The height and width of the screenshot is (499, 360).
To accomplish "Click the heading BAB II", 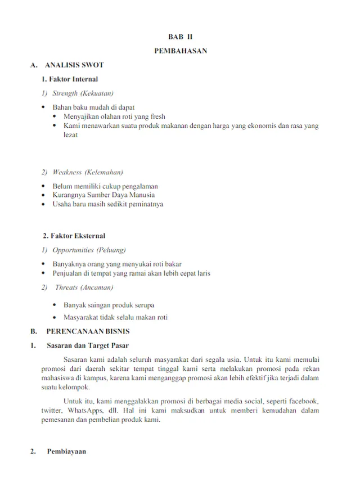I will [180, 37].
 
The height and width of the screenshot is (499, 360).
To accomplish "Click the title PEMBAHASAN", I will [180, 51].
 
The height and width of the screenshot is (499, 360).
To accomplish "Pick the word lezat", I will [70, 135].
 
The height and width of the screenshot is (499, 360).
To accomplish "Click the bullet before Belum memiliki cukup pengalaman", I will [44, 186].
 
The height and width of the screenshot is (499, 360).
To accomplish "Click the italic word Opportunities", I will [73, 250].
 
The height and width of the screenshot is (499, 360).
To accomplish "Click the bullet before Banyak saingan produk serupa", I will [54, 305].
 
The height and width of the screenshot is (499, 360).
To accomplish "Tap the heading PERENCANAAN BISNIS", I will [88, 331].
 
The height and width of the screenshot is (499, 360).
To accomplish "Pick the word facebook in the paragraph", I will [302, 402].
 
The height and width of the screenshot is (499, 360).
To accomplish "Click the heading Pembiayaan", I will [66, 452].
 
